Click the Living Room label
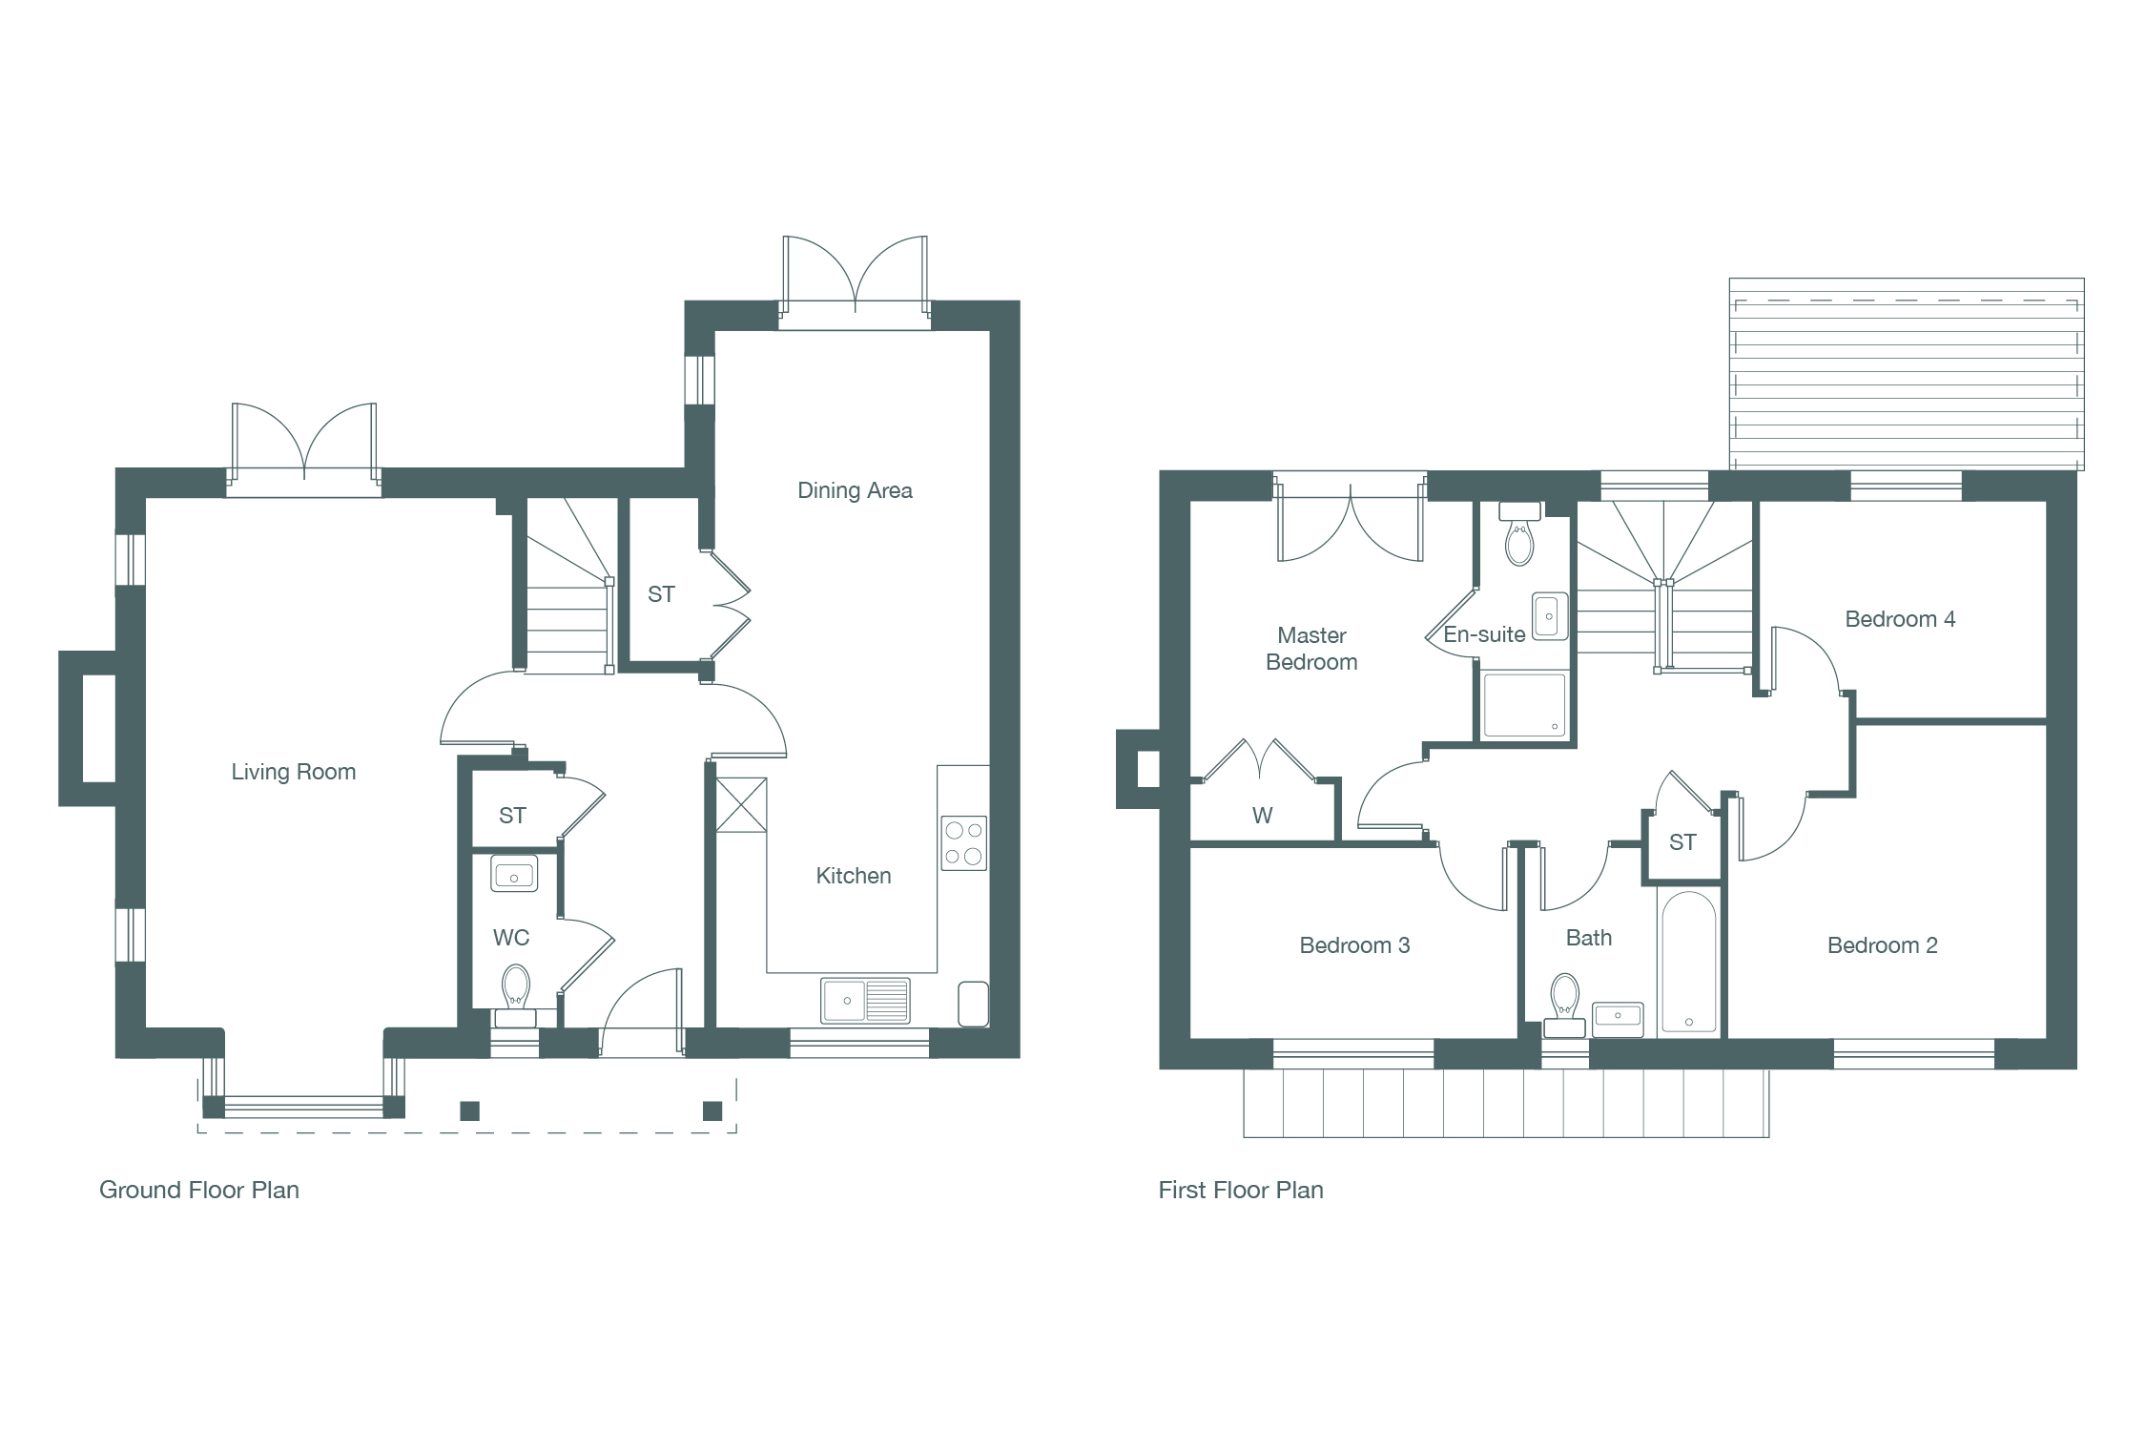coord(294,772)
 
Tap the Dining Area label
coord(855,490)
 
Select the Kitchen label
coord(854,876)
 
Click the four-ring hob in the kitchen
coord(963,843)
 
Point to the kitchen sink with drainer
coord(865,1001)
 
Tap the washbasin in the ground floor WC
coord(514,874)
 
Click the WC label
coord(511,938)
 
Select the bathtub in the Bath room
coord(1688,963)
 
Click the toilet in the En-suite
coord(1519,534)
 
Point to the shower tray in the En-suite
coord(1524,705)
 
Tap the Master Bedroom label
coord(1311,649)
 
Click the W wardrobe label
coord(1262,816)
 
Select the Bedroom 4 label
coord(1900,619)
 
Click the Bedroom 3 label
coord(1354,945)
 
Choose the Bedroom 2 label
coord(1882,945)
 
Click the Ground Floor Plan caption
coord(199,1190)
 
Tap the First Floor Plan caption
coord(1241,1190)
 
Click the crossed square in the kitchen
coord(741,805)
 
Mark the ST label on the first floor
coord(1682,842)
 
